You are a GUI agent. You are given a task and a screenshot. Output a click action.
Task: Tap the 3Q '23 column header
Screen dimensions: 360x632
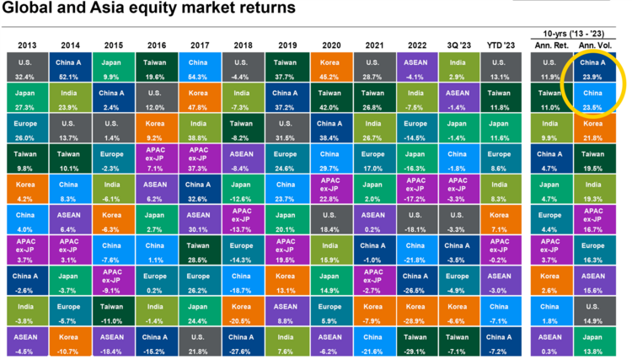point(458,44)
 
